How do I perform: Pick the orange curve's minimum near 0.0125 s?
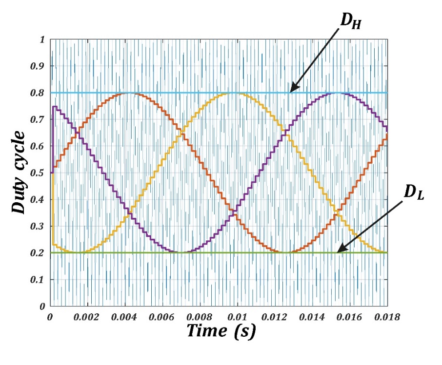click(x=286, y=252)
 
